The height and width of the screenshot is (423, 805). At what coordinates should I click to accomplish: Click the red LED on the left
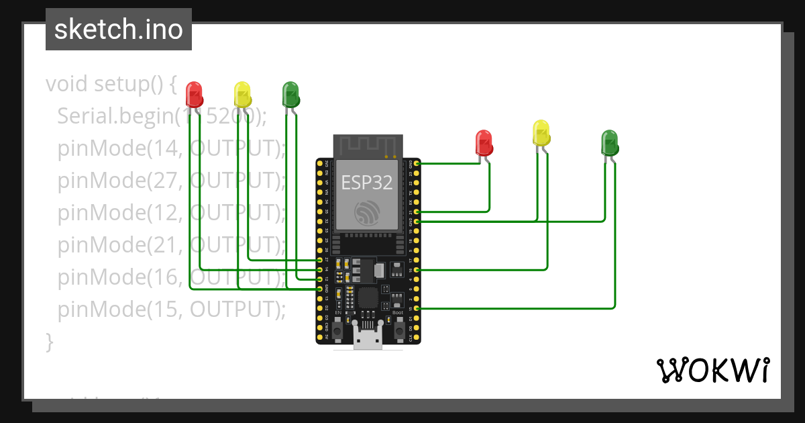194,93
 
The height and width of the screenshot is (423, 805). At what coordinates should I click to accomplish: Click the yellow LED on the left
242,93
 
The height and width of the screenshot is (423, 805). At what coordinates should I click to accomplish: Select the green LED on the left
290,93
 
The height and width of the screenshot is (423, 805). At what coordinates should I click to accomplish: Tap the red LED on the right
484,142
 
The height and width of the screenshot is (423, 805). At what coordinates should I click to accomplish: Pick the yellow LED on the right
541,132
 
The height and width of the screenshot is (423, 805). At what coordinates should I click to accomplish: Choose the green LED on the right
609,142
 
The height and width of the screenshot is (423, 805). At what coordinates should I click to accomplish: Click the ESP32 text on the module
367,182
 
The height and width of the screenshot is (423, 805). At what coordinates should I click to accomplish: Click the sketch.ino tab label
119,30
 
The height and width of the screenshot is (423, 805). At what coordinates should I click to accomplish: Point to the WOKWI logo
712,371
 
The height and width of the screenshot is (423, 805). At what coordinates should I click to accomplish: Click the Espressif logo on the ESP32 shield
368,211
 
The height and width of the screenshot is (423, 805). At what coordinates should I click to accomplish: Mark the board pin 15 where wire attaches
417,308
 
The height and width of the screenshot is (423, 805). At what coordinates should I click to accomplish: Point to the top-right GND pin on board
417,163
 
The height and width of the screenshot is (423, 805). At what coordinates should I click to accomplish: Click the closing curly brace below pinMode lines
49,341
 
